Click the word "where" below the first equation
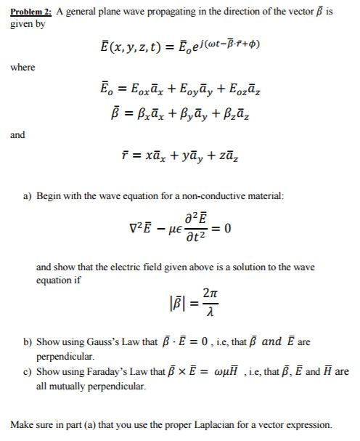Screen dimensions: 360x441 (22, 68)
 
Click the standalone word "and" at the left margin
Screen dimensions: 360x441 (17, 134)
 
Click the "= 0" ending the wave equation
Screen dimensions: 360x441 (228, 230)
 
